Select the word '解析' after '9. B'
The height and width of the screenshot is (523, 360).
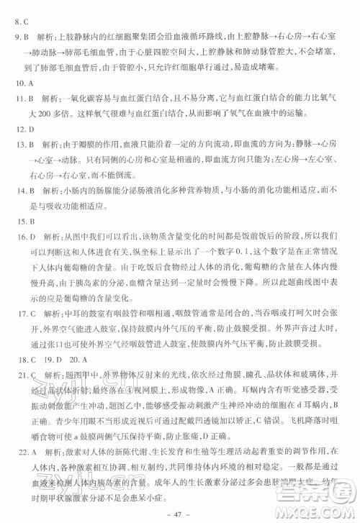(x=44, y=35)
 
